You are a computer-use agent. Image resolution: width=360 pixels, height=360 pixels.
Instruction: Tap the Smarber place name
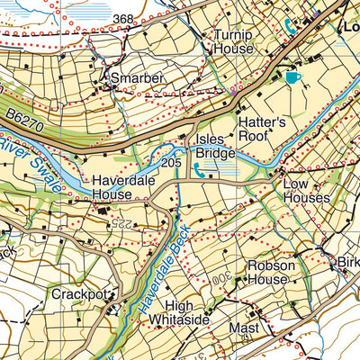(137, 79)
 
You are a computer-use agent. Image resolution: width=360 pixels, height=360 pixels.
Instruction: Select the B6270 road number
(31, 119)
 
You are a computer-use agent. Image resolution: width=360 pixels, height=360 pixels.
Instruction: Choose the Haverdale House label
(124, 186)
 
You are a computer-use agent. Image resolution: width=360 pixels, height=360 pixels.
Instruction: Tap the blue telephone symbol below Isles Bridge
(199, 168)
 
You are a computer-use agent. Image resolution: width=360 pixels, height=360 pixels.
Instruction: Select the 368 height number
(125, 20)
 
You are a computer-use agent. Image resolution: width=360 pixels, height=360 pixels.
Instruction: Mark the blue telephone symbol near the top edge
(288, 25)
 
